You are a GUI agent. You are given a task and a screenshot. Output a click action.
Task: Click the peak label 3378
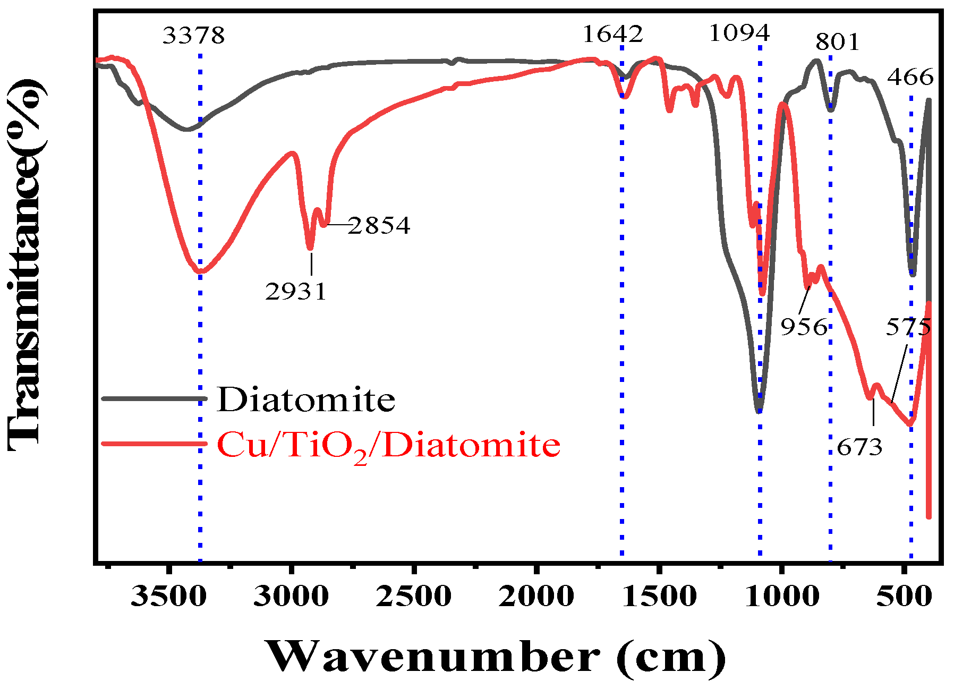pos(193,36)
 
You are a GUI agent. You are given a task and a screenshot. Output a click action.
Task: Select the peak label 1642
pos(612,34)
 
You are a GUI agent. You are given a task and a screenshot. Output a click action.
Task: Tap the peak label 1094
pos(739,33)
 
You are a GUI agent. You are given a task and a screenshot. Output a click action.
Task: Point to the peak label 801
pos(837,42)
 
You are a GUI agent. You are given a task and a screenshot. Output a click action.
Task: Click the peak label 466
pos(910,78)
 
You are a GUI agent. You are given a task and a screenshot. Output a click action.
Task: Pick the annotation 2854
pos(379,226)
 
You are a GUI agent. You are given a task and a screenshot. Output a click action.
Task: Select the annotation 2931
pos(296,292)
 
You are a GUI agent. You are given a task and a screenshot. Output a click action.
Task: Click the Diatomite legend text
pos(306,399)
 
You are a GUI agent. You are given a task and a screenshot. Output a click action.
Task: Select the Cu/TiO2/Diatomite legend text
pos(388,445)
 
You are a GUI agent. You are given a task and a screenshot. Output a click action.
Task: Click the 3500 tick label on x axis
pos(168,596)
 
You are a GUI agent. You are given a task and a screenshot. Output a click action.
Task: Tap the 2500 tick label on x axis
pos(413,596)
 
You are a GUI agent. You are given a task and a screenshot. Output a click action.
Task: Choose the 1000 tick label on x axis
pos(781,596)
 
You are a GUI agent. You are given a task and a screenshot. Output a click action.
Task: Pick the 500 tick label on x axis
pos(904,596)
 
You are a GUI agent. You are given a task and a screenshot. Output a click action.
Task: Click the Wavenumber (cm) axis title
pos(495,657)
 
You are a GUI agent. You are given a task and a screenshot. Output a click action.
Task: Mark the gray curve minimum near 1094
pos(759,411)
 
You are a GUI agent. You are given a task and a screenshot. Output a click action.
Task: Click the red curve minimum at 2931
pos(310,248)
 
